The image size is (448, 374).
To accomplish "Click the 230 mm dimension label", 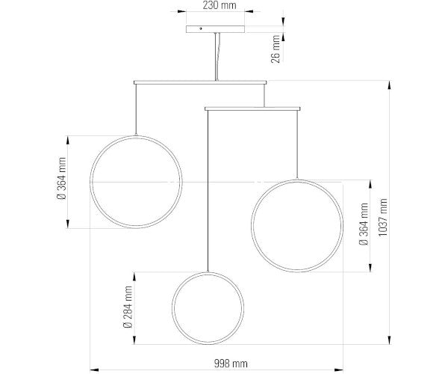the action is tap(219, 5).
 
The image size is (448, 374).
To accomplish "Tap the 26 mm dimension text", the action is tap(276, 49).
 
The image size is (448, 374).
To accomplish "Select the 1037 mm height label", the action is tap(382, 217).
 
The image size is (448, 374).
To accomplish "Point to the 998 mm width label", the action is tap(231, 364).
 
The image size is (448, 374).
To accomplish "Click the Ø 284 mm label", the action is tap(128, 307).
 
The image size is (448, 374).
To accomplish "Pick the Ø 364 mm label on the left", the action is tap(61, 178).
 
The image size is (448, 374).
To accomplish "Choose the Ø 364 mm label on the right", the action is tap(364, 224).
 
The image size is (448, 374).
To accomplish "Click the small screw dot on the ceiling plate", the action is tap(201, 28).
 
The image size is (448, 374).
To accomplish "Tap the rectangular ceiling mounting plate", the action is tap(216, 29).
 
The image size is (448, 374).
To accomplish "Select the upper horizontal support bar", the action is tap(200, 82).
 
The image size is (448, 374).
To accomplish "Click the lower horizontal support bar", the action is tap(252, 108).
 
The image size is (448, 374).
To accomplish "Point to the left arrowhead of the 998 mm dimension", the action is tap(95, 370).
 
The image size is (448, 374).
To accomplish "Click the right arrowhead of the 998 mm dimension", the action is tap(339, 370).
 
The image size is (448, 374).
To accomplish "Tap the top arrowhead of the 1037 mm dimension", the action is tap(389, 85).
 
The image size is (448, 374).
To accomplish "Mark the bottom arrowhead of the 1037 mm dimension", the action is tap(389, 340).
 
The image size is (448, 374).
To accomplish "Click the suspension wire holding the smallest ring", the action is tap(208, 191).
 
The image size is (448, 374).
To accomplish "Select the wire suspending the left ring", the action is tap(136, 110).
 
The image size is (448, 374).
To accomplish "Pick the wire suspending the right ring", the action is tap(297, 145).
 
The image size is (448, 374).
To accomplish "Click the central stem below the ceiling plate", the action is tap(217, 57).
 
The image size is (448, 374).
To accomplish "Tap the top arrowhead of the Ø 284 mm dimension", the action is tap(134, 277).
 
